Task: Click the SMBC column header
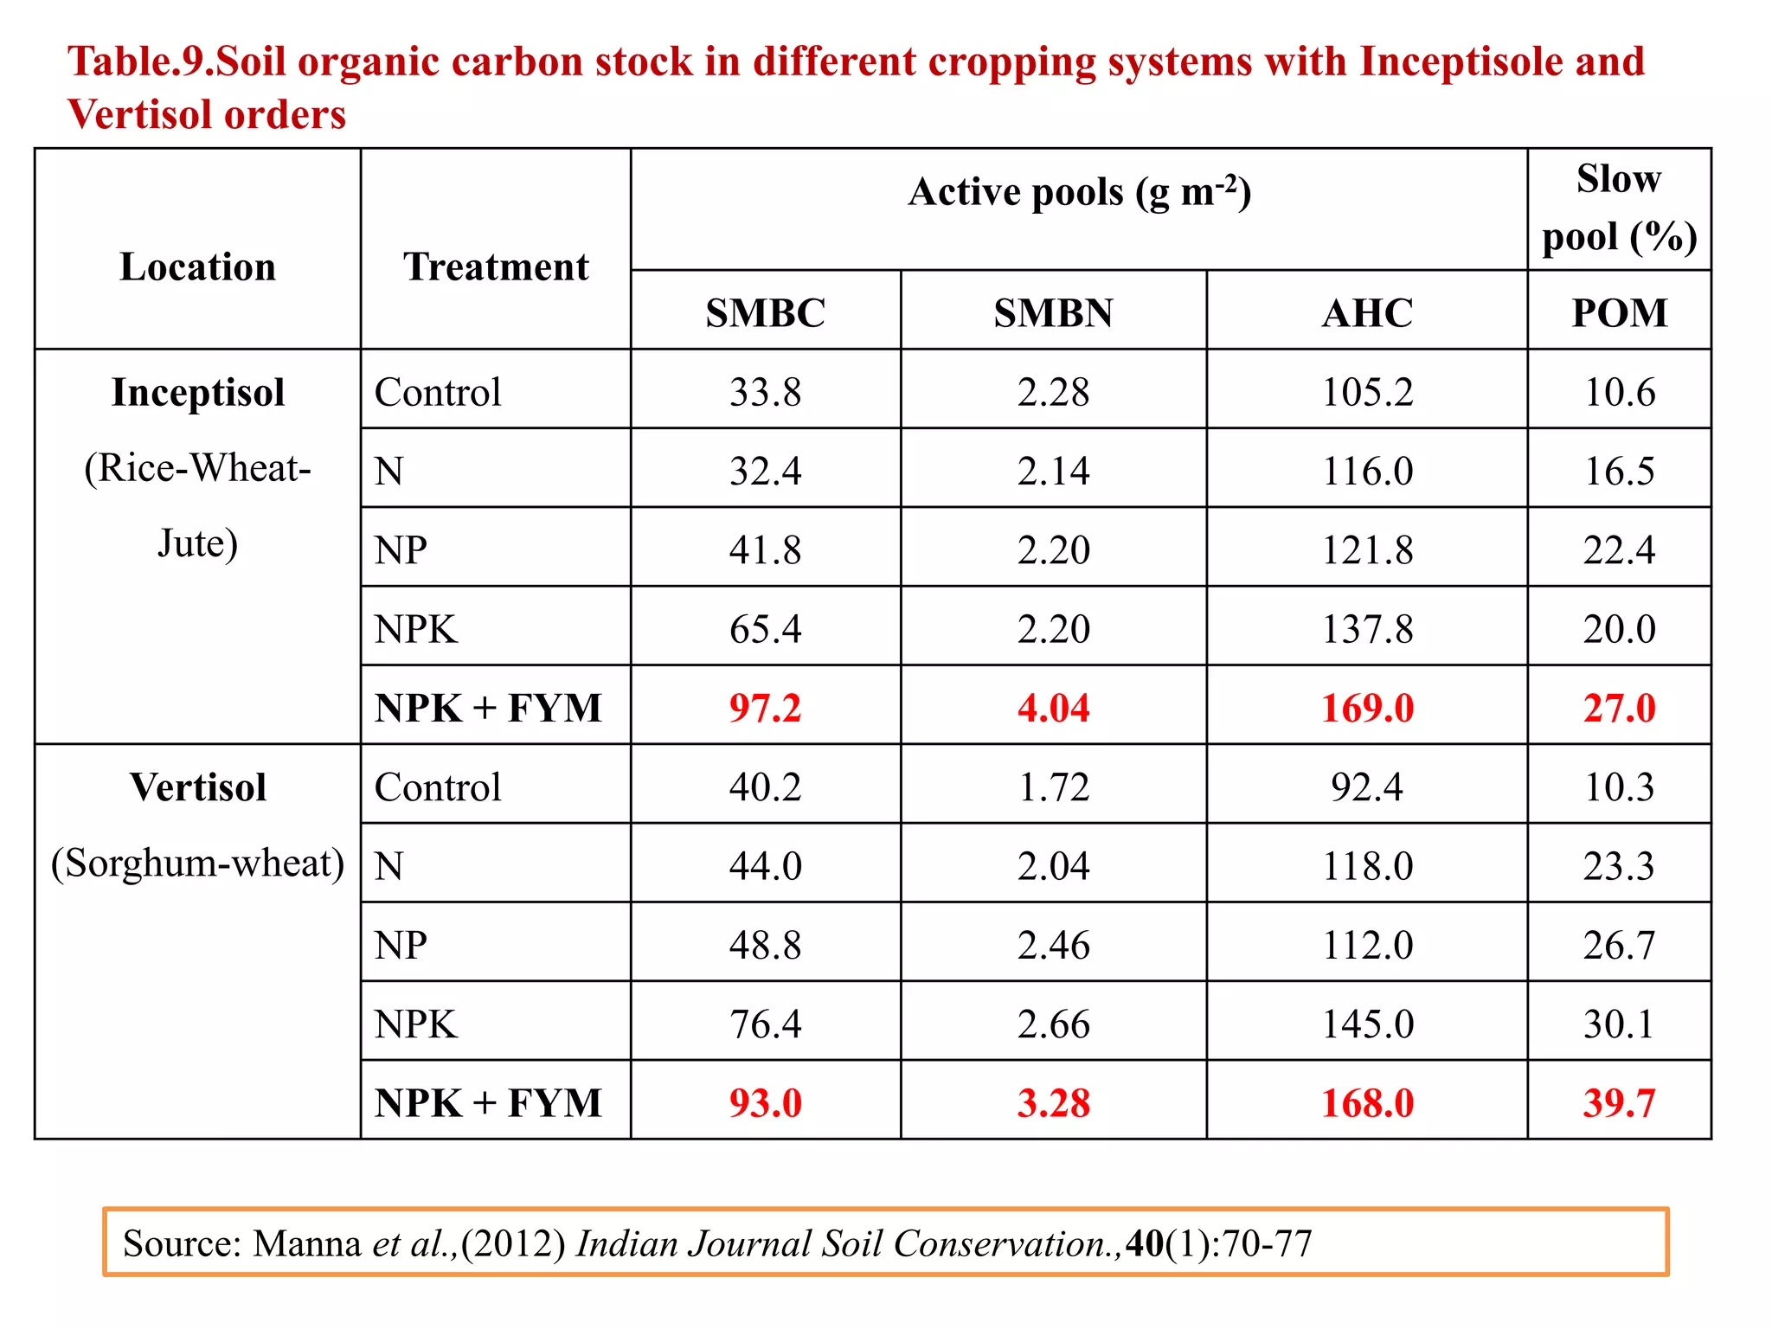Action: coord(765,312)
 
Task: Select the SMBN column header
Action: coord(1053,312)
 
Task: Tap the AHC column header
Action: coord(1367,312)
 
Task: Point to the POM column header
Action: coord(1619,312)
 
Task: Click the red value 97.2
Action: coord(765,708)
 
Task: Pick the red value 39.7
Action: coord(1619,1103)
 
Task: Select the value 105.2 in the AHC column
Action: coord(1367,392)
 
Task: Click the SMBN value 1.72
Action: coord(1053,787)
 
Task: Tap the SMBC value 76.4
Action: coord(765,1024)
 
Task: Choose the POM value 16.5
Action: coord(1619,472)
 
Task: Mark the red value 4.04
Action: coord(1053,708)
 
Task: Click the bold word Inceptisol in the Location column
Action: coord(198,392)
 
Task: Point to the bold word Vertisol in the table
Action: coord(198,787)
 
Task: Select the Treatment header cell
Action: coord(496,266)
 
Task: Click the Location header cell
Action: coord(198,266)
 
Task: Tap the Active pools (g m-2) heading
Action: coord(1079,192)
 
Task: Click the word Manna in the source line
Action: coord(307,1243)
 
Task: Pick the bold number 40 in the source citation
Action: coord(1145,1243)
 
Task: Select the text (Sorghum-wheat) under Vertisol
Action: coord(198,864)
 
